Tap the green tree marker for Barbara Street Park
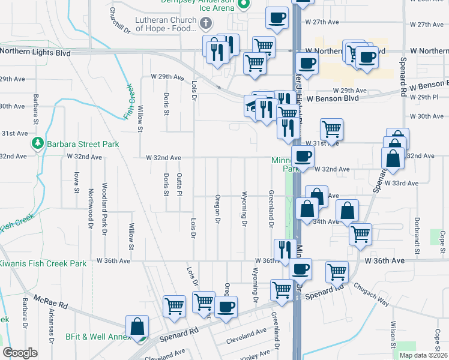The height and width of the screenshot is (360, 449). click(x=37, y=144)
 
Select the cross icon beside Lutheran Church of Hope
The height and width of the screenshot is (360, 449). click(x=205, y=23)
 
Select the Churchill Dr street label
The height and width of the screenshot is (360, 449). click(x=119, y=20)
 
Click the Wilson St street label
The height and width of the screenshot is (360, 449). click(x=393, y=335)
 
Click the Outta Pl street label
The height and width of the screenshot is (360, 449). click(x=179, y=184)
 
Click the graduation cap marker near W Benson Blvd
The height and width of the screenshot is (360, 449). click(x=252, y=106)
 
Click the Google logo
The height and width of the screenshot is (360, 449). click(x=20, y=353)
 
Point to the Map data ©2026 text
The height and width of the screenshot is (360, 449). click(x=423, y=355)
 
